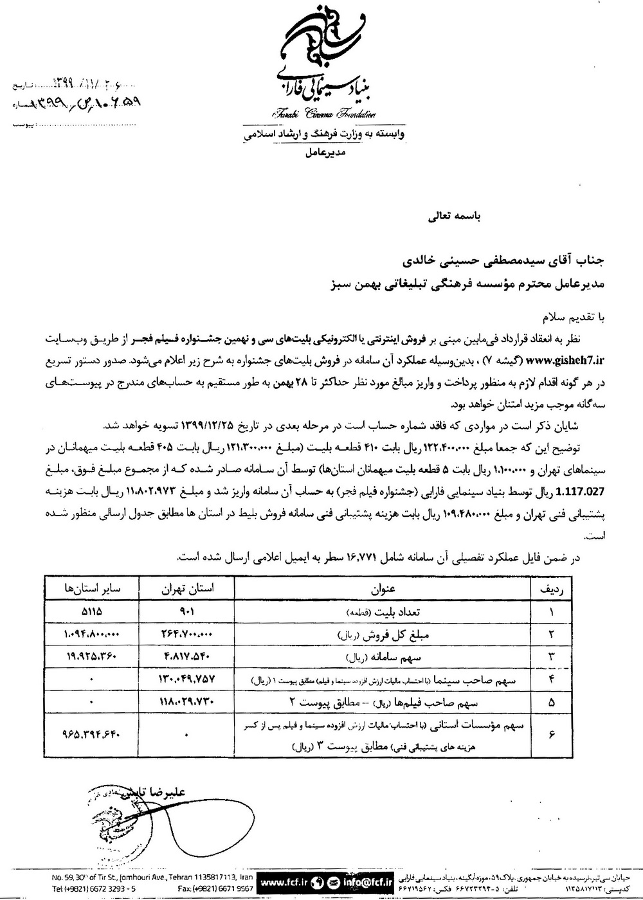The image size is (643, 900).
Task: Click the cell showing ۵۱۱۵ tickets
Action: coord(93,612)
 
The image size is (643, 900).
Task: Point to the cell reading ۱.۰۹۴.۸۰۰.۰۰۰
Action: coord(93,634)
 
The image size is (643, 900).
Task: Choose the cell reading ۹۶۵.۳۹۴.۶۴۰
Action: coord(93,733)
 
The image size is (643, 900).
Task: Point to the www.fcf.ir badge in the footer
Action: coord(286,879)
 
